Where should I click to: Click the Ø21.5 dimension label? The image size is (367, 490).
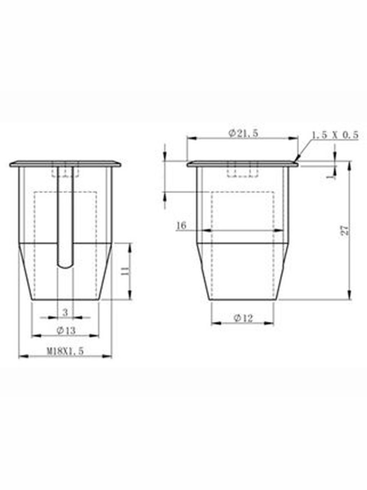[x=243, y=134]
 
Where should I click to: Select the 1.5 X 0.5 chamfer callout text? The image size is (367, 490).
[x=335, y=135]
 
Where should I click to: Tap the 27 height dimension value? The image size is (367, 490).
[x=345, y=230]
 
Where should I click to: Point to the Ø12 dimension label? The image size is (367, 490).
[x=243, y=318]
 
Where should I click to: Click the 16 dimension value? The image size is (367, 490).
[x=181, y=226]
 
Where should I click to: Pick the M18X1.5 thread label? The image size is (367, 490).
[x=65, y=352]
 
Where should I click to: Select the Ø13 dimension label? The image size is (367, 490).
[x=66, y=330]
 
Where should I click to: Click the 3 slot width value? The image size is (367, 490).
[x=65, y=312]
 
